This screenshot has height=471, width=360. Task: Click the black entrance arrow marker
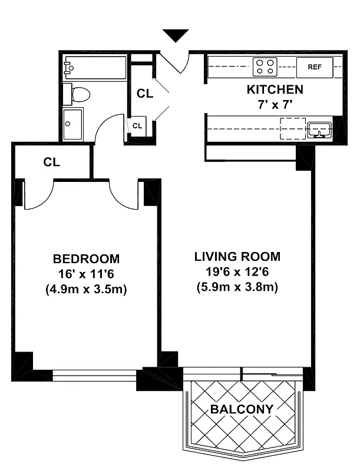click(x=176, y=36)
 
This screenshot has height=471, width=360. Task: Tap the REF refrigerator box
click(x=315, y=67)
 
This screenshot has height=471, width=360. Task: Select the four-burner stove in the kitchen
click(x=265, y=67)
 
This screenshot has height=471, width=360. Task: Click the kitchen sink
click(x=319, y=129)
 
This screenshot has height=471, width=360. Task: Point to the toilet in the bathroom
click(x=78, y=94)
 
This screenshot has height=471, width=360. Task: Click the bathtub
click(x=94, y=68)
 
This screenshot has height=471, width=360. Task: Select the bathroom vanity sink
click(x=72, y=124)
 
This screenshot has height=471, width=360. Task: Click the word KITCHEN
click(x=275, y=90)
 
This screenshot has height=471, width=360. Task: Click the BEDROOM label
click(x=86, y=259)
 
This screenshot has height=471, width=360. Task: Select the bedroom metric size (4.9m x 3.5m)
click(x=86, y=290)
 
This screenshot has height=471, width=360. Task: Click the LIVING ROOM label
click(x=237, y=257)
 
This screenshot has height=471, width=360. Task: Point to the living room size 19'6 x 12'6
click(x=237, y=272)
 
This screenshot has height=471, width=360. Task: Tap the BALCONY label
click(x=243, y=409)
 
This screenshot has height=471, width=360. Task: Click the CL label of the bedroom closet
click(x=52, y=162)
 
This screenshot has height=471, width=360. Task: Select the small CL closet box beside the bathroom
click(x=137, y=126)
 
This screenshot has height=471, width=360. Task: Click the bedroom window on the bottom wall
click(x=94, y=375)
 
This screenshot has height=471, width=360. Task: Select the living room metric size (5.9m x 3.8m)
click(x=237, y=288)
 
